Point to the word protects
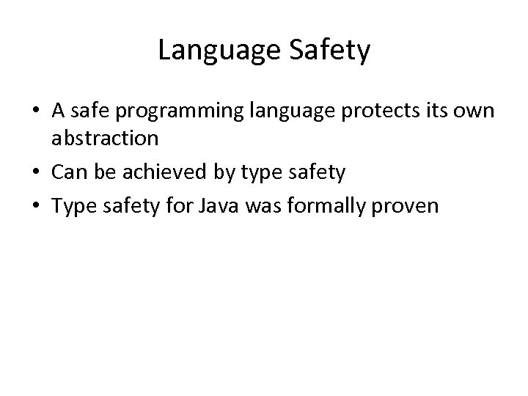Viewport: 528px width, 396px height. pyautogui.click(x=369, y=111)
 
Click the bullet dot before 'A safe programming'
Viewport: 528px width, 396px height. pyautogui.click(x=35, y=111)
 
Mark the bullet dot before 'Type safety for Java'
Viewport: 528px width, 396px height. pyautogui.click(x=35, y=207)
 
